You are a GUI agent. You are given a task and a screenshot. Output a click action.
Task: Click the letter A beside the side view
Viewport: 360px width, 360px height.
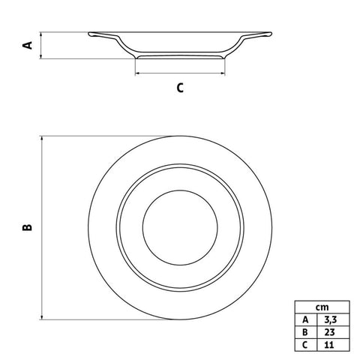pyautogui.click(x=28, y=45)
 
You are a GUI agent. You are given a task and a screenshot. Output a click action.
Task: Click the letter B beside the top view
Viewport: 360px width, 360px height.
pyautogui.click(x=28, y=227)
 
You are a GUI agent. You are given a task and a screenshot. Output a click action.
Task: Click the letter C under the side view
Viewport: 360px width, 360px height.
pyautogui.click(x=180, y=88)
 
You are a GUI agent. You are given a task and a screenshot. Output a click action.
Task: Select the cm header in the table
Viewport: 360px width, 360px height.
pyautogui.click(x=322, y=307)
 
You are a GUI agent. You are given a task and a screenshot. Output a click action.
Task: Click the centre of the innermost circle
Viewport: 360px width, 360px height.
pyautogui.click(x=180, y=226)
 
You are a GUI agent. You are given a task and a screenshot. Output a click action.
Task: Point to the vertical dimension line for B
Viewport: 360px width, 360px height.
pyautogui.click(x=42, y=227)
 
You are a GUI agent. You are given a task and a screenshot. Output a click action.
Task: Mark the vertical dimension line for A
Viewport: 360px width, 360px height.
pyautogui.click(x=42, y=45)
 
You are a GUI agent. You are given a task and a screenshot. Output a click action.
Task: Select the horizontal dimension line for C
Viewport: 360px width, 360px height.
pyautogui.click(x=180, y=73)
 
